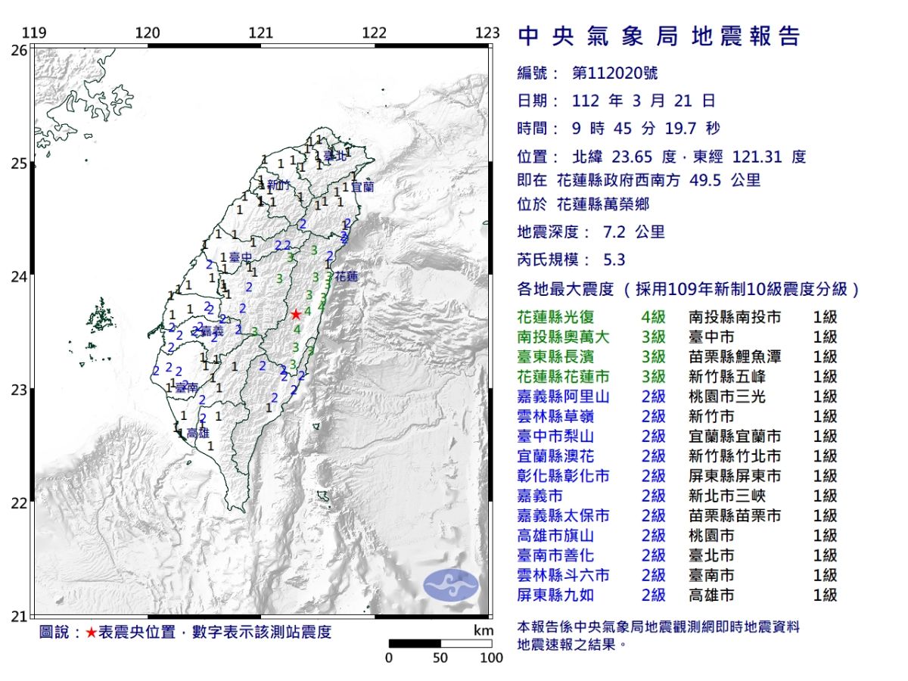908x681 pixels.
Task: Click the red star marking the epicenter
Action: (296, 314)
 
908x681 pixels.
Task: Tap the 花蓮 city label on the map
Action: (347, 276)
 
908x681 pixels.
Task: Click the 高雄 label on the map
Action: (197, 434)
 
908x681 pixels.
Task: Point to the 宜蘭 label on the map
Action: (362, 185)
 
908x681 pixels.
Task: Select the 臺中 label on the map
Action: (240, 259)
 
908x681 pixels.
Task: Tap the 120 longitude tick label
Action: (147, 33)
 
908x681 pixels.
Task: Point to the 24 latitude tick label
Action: (19, 277)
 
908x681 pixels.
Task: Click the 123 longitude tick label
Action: (488, 33)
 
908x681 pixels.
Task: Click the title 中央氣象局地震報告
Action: (658, 36)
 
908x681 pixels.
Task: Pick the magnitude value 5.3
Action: (614, 260)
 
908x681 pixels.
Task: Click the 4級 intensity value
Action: (653, 317)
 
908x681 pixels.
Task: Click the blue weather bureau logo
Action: (451, 585)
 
